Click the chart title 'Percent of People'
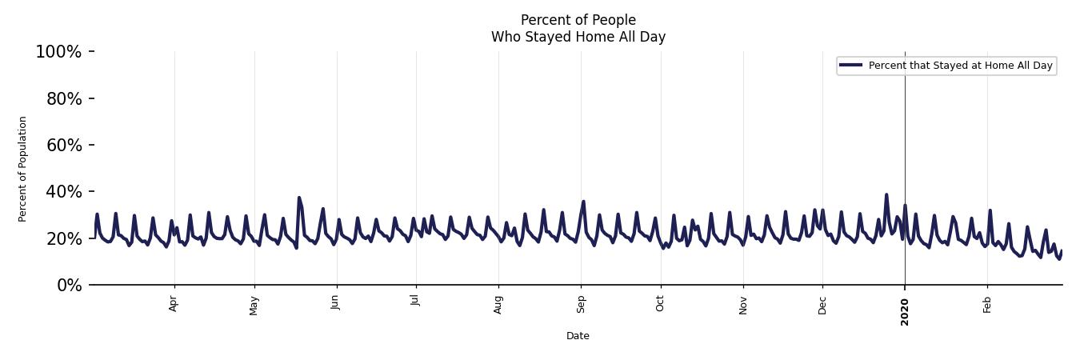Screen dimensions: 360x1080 pos(578,20)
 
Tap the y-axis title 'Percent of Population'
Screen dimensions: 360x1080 pos(23,169)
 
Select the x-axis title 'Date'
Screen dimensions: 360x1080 pos(578,336)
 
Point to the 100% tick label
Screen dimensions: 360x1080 pos(58,52)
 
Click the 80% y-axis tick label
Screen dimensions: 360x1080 pos(62,99)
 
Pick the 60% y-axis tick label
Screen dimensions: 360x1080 pos(62,146)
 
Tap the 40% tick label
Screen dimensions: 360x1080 pos(62,192)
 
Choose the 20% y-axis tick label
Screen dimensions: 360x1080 pos(62,239)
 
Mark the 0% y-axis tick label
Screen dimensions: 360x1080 pos(69,286)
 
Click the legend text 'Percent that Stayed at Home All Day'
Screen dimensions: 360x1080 pos(960,66)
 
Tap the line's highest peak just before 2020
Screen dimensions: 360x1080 pos(886,194)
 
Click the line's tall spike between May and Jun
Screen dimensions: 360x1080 pos(299,198)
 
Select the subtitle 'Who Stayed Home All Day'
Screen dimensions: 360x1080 pos(578,37)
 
